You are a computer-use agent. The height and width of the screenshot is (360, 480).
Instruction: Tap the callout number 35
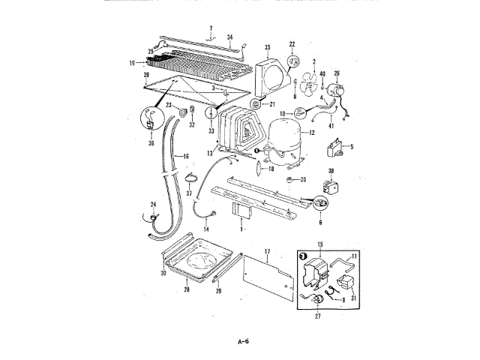tap(267, 47)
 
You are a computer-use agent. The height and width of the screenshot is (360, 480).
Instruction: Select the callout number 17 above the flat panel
tap(266, 250)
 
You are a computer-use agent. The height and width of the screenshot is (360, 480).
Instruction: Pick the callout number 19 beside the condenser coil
tap(132, 64)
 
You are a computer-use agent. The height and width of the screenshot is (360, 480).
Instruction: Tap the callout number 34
tap(230, 36)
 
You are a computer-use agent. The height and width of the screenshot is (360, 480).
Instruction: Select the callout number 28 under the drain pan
tap(187, 289)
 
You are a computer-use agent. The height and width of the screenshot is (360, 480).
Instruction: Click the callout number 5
tap(352, 145)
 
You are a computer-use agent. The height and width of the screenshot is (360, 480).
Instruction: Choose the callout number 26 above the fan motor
tap(337, 73)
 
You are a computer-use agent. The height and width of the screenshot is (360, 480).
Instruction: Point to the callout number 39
tap(146, 76)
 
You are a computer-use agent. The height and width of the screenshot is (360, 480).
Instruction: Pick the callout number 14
tap(206, 229)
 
